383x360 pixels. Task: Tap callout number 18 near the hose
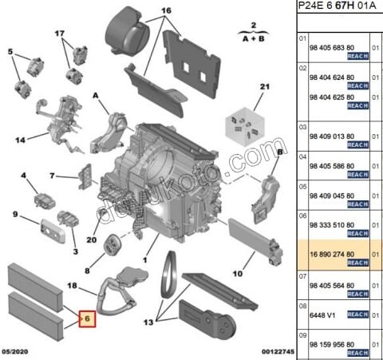[x=72, y=285]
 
